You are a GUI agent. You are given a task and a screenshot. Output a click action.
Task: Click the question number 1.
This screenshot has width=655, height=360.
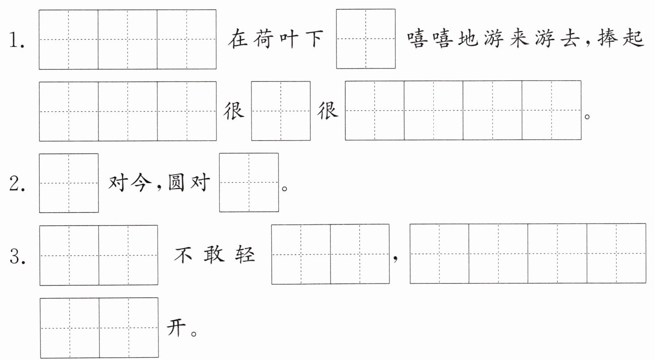[17, 40]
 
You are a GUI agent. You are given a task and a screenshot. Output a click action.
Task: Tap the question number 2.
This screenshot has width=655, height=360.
[17, 184]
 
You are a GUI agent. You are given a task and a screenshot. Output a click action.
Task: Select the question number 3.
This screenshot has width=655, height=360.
[17, 257]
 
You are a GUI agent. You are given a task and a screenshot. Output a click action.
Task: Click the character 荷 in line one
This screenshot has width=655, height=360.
[263, 39]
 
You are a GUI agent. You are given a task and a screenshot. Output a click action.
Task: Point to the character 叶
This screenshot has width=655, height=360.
[289, 39]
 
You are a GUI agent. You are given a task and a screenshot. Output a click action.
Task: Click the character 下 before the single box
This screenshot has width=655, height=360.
[314, 39]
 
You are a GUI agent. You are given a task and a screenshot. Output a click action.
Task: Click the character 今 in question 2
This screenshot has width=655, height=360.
[141, 183]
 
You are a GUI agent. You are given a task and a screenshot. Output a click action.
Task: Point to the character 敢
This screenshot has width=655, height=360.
[214, 254]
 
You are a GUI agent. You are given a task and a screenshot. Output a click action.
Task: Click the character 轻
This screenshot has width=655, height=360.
[245, 254]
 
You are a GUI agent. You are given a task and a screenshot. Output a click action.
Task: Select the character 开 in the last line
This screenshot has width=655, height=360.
[176, 327]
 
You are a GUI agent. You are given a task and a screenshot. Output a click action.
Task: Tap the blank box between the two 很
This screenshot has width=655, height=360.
[281, 111]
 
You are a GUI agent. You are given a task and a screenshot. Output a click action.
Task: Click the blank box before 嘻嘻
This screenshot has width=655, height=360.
[366, 39]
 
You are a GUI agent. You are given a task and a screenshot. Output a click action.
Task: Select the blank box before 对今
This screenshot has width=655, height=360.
[69, 183]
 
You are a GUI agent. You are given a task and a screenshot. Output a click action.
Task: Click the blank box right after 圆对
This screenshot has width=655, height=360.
[249, 183]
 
